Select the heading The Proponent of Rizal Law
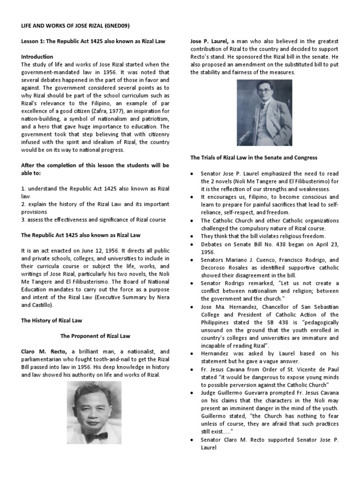95,336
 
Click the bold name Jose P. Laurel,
209,41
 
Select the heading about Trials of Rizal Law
254,157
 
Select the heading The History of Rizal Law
52,321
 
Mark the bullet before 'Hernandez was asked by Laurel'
193,354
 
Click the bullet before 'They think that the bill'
193,236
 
